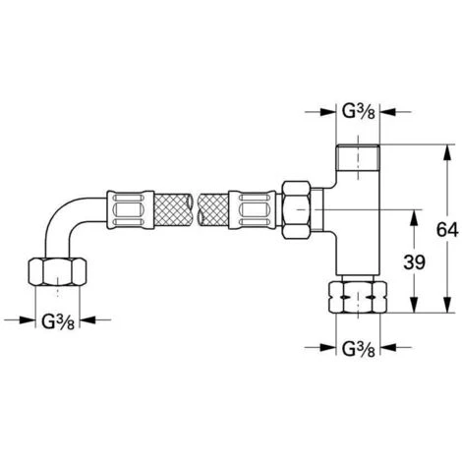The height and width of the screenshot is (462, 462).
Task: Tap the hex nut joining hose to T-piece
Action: click(294, 208)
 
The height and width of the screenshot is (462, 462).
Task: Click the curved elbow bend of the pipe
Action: click(71, 221)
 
